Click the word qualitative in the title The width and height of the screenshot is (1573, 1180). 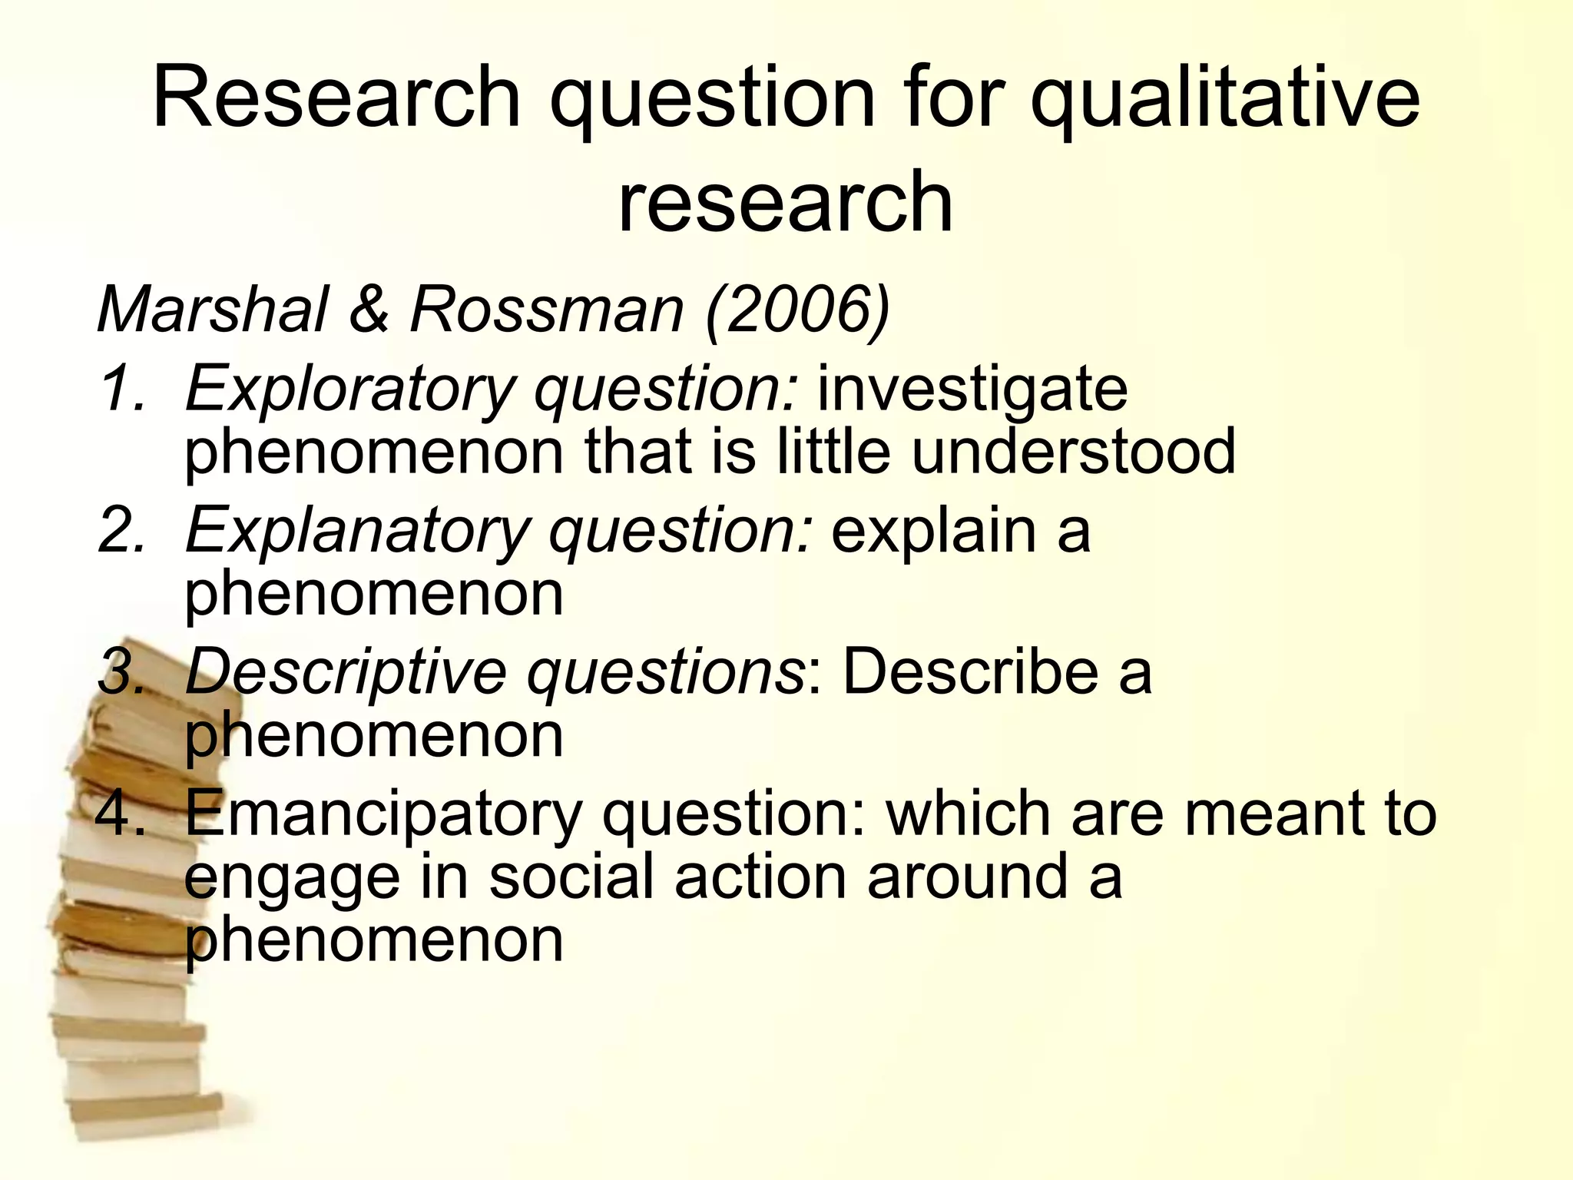pos(1224,100)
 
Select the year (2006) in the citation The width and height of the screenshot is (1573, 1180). pos(797,310)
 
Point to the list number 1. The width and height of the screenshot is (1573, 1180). pos(121,389)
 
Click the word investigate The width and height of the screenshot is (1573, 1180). pos(972,390)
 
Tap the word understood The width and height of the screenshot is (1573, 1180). pos(1073,452)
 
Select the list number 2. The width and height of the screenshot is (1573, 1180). pos(121,530)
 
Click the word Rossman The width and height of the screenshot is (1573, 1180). pos(546,310)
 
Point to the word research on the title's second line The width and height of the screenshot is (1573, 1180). pos(785,202)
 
